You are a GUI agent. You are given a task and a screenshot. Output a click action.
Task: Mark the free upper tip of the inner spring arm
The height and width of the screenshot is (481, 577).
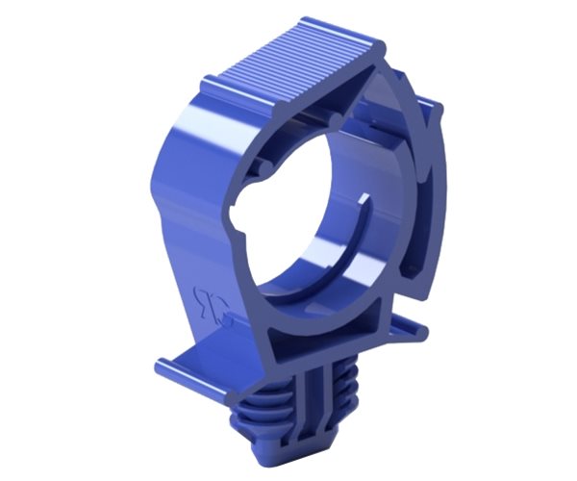(366, 199)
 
